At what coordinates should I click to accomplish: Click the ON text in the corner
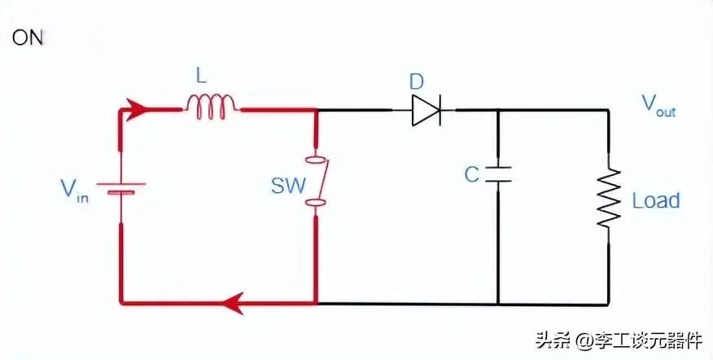(x=28, y=38)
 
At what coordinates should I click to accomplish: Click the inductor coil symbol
(x=211, y=107)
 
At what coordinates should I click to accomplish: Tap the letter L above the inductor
(x=201, y=77)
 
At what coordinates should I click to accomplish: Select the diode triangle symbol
(x=426, y=110)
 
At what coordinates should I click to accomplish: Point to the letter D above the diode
(x=416, y=82)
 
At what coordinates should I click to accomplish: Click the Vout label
(x=658, y=106)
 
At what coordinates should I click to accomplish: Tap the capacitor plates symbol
(x=498, y=174)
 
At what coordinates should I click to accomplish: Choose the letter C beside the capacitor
(x=471, y=174)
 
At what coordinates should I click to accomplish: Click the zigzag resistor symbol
(x=609, y=198)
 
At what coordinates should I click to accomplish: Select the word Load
(x=656, y=200)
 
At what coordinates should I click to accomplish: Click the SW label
(x=288, y=186)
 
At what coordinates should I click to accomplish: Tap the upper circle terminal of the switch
(x=316, y=160)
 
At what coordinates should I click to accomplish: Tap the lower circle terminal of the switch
(x=316, y=204)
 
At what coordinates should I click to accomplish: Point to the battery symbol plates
(x=121, y=188)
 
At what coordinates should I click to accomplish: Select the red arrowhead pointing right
(x=137, y=110)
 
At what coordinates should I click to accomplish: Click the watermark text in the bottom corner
(x=619, y=340)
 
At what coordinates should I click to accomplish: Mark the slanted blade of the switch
(x=324, y=180)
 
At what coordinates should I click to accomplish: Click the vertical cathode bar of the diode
(x=440, y=110)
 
